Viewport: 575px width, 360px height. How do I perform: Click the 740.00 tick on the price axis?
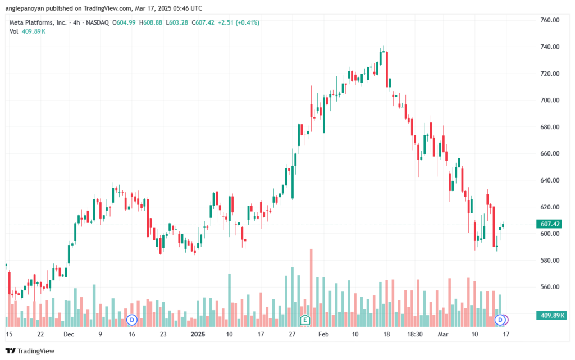(x=550, y=47)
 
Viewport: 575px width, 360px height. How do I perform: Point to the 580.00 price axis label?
(x=550, y=260)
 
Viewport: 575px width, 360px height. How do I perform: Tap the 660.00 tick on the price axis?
(x=550, y=154)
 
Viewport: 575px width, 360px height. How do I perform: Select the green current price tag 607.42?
(x=549, y=224)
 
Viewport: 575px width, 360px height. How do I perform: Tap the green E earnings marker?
(x=305, y=320)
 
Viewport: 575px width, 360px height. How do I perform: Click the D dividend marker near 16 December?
(x=131, y=320)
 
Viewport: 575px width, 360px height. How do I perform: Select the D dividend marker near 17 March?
(x=500, y=320)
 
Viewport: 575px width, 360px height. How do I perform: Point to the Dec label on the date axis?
(x=69, y=334)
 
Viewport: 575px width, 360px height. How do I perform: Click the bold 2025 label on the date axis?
(x=198, y=334)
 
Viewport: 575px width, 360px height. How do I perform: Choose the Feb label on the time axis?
(x=323, y=334)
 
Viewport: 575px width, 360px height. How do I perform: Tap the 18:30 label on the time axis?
(x=415, y=334)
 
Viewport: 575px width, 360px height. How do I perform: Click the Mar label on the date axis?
(x=443, y=334)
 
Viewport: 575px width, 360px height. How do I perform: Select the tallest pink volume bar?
(x=311, y=288)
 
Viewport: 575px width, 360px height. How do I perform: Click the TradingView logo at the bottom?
(x=30, y=351)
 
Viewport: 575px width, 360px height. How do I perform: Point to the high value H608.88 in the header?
(x=150, y=22)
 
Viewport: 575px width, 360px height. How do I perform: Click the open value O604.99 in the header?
(x=124, y=22)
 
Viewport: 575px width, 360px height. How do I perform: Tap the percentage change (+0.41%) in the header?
(x=248, y=22)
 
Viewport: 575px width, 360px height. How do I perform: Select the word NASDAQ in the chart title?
(x=97, y=22)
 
